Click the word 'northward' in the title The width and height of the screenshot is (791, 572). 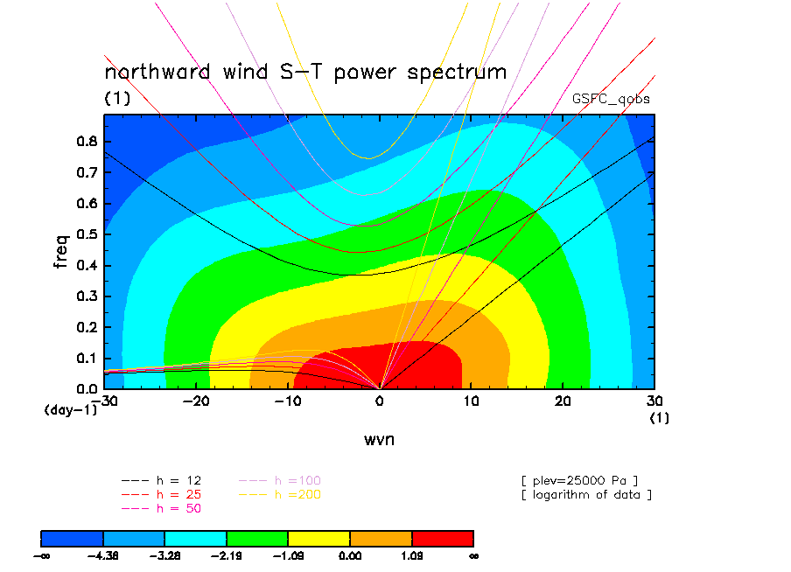[157, 72]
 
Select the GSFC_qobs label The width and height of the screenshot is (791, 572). [611, 99]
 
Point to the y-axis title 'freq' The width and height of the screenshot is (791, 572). [60, 251]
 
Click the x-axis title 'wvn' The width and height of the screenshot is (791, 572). [380, 439]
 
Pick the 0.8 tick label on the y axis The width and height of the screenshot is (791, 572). [87, 141]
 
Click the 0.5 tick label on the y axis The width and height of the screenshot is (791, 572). [87, 234]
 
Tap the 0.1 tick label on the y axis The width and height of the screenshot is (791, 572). [87, 358]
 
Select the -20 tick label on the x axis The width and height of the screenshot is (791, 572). [196, 401]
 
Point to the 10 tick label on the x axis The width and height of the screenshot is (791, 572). [471, 401]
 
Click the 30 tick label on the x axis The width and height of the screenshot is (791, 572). [654, 401]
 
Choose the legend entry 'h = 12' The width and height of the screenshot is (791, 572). [161, 481]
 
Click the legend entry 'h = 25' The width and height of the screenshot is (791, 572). [161, 495]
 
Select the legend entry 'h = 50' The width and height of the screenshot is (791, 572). [161, 508]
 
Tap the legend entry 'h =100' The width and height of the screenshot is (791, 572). [280, 481]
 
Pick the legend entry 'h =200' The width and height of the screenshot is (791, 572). [280, 495]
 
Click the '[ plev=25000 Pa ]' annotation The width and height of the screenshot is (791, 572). [579, 481]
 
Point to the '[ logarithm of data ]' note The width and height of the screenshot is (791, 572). [587, 495]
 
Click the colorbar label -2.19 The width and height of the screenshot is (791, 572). [227, 556]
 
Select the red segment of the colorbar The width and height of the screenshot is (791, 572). [443, 539]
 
